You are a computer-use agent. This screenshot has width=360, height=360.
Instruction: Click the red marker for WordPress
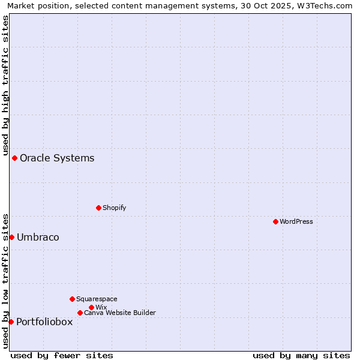coord(275,221)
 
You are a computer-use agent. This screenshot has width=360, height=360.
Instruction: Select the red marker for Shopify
coord(98,208)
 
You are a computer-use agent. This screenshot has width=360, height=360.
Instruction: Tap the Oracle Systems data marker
coord(14,158)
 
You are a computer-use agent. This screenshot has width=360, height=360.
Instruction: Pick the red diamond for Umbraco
coord(11,237)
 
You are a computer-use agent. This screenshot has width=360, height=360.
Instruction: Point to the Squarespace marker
coord(72,299)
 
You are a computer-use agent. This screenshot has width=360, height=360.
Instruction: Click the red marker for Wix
coord(91,307)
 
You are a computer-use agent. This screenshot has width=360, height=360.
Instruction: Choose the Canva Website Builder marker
coord(80,313)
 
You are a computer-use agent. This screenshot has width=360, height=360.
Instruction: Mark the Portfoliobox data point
coord(11,322)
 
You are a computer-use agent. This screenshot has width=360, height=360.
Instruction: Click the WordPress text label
coord(296,221)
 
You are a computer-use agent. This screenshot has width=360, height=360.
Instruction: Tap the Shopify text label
coord(114,208)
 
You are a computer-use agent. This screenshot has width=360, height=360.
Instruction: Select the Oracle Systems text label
coord(57,158)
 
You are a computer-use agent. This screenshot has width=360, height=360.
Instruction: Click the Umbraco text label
coord(38,238)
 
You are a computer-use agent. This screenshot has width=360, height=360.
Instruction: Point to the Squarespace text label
coord(97,299)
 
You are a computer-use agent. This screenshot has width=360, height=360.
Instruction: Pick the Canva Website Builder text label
coord(120,313)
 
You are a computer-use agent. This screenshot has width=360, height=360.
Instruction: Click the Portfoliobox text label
coord(44,322)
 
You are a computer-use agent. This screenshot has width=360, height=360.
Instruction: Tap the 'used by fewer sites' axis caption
coord(62,355)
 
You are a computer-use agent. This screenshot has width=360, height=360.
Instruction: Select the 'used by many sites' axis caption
coord(301,355)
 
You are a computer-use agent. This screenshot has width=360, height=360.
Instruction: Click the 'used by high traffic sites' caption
coord(5,84)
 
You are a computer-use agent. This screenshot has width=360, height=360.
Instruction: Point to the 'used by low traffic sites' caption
coord(5,280)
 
